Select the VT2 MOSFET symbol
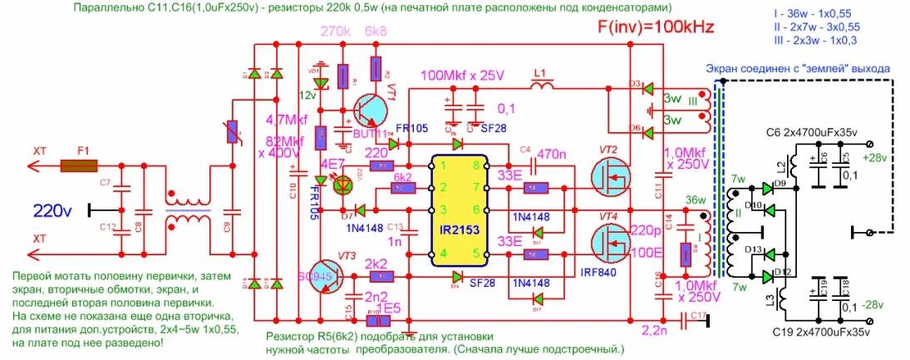[608, 176]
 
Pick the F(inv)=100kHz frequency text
[656, 27]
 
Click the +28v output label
[878, 157]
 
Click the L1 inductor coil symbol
[544, 86]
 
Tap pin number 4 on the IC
[444, 254]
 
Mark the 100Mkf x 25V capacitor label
[462, 76]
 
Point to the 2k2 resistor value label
[376, 264]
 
